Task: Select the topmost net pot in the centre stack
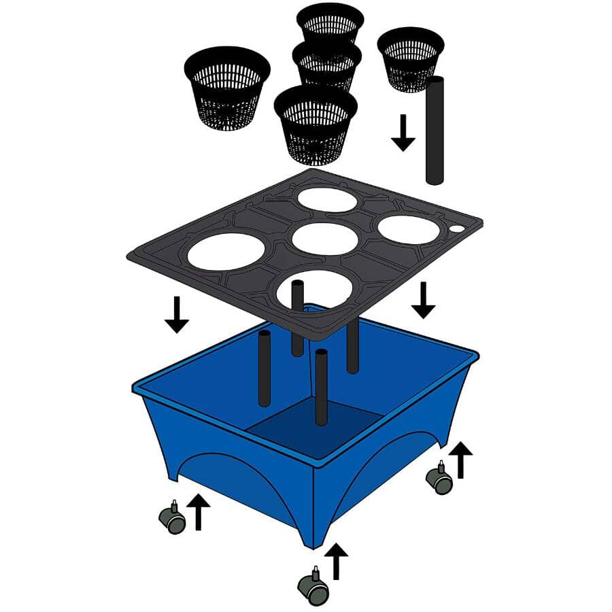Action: [330, 22]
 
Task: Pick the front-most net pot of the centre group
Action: [316, 122]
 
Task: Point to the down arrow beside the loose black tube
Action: [403, 133]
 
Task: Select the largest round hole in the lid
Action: [226, 251]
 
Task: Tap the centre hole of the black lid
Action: [325, 239]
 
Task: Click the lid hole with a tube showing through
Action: [314, 288]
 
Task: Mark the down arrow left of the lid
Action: [177, 314]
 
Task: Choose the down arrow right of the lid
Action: [423, 301]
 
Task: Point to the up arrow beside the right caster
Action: [461, 460]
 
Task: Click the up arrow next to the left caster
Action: [198, 512]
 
